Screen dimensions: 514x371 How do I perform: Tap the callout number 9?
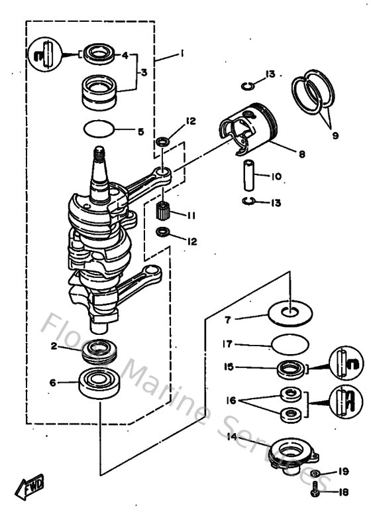(x=335, y=135)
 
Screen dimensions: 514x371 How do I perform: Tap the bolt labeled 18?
(x=315, y=490)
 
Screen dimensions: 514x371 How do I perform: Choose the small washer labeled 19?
(x=316, y=474)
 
